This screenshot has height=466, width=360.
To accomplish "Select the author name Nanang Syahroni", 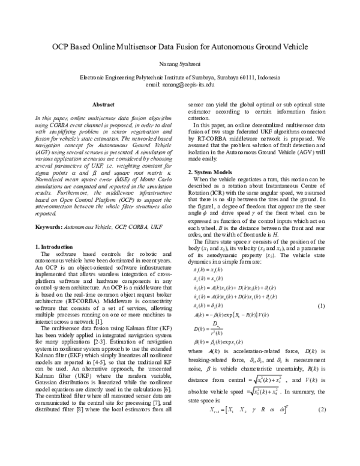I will click(180, 62).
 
